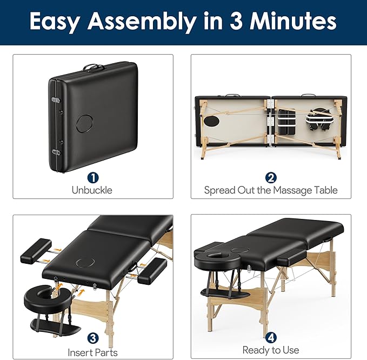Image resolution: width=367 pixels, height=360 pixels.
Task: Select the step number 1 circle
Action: click(x=92, y=177)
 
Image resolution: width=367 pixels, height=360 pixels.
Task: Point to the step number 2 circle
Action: click(x=271, y=177)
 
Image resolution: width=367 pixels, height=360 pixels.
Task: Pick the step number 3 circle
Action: click(x=92, y=338)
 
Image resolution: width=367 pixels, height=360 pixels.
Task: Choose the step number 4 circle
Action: click(x=271, y=337)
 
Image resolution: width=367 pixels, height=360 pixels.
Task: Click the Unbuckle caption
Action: click(x=92, y=190)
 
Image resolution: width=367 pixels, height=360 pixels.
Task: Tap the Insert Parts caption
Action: click(x=92, y=352)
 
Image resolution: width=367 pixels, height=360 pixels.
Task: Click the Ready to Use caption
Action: click(x=271, y=350)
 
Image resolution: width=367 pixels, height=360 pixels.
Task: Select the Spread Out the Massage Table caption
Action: click(x=271, y=190)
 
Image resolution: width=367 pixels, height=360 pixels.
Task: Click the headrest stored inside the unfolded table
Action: click(x=318, y=119)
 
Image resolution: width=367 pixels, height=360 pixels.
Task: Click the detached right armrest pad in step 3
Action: click(x=152, y=271)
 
